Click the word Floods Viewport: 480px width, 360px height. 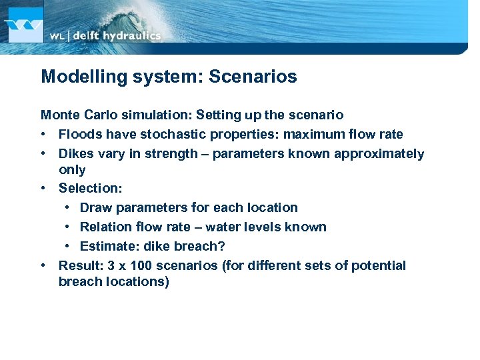click(79, 134)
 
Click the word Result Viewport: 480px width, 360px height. click(78, 265)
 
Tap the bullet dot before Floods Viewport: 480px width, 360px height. click(44, 134)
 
